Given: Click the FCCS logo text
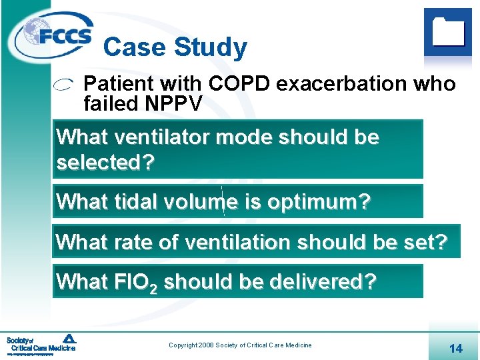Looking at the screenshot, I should point(65,37).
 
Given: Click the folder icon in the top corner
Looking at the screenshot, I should point(448,31).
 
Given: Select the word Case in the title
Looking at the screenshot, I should point(135,47).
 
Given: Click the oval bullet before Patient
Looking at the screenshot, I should point(64,85).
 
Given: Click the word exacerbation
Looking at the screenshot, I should point(342,84).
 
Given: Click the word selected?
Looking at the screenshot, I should point(105,162).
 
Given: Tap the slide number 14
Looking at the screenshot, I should point(456,348).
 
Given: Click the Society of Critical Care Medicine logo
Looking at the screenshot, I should point(41,344).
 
